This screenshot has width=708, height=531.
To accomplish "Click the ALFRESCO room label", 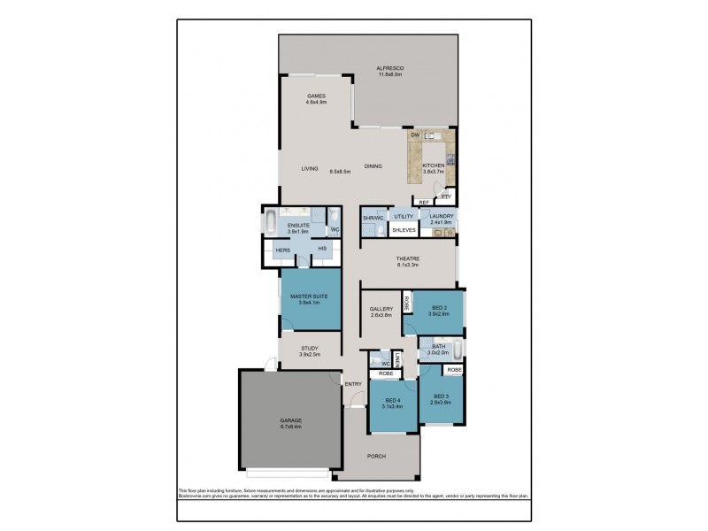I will point(390,68).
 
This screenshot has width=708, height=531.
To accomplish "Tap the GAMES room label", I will point(317,96).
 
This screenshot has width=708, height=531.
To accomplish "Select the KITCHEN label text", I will point(432,165).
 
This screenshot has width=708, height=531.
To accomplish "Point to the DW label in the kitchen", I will point(414,135).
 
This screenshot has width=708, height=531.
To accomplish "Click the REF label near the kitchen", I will point(424,203).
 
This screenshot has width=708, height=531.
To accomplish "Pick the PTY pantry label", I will point(447,196).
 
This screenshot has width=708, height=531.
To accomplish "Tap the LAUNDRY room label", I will point(442,216).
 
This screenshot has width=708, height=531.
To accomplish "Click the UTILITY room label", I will point(404,216).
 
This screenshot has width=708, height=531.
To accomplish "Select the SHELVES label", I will point(404,230).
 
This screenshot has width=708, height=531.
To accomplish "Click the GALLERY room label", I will point(381,309).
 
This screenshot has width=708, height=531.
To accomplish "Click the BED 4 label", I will point(392,401).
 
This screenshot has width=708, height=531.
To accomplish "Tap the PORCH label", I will point(377,456).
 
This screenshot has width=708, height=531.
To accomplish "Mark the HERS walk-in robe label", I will point(283,250).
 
